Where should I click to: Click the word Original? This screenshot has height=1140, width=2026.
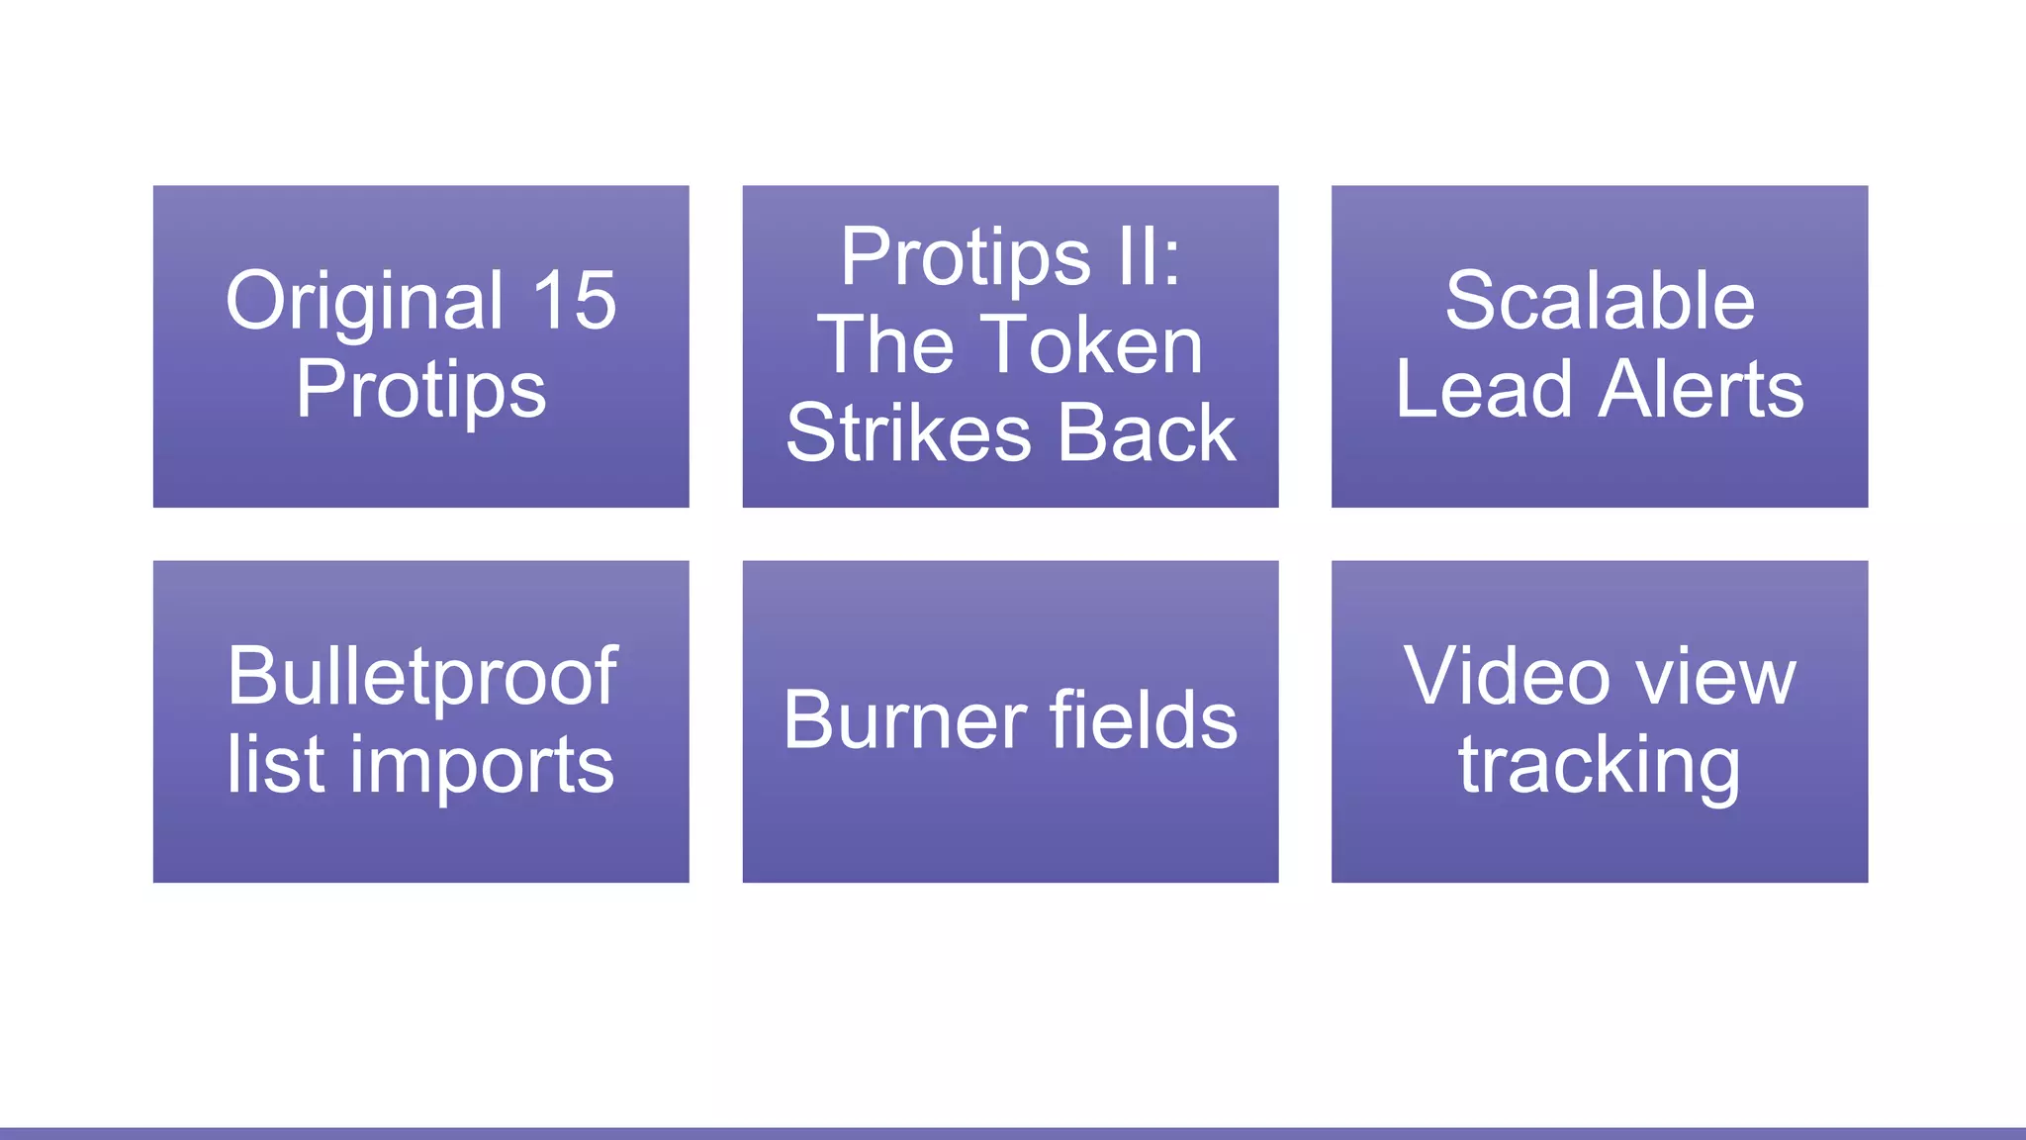tap(365, 301)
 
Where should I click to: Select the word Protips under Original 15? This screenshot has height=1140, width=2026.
tap(420, 390)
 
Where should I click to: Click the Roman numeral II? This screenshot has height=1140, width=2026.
tap(1149, 256)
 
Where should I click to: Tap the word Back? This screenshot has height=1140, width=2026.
tap(1147, 432)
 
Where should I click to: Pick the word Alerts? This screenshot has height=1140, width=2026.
tap(1702, 389)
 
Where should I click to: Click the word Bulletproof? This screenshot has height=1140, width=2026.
tap(421, 676)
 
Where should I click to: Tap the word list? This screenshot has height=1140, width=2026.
tap(275, 764)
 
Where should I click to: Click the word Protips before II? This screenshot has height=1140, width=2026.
tap(965, 257)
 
